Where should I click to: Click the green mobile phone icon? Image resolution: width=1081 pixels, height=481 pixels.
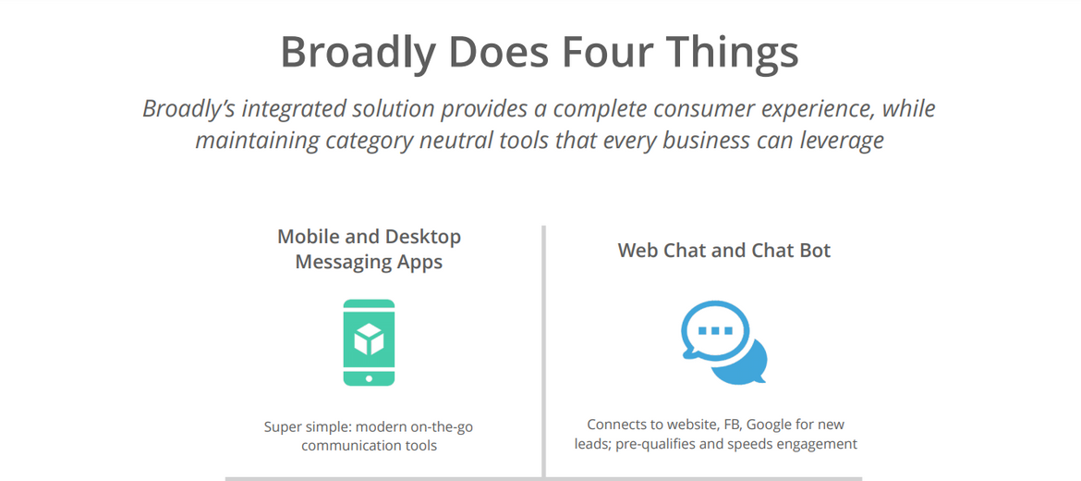(x=369, y=342)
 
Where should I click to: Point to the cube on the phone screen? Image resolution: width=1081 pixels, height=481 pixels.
(x=369, y=339)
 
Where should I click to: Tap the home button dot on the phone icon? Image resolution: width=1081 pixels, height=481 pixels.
(x=369, y=378)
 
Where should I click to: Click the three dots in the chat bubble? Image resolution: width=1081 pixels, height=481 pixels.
(x=716, y=330)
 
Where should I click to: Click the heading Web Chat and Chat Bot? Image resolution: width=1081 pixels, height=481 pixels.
(x=723, y=250)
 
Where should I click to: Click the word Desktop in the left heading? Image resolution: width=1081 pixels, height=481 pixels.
(x=422, y=237)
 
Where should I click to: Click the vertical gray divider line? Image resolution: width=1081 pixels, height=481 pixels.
(x=543, y=351)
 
